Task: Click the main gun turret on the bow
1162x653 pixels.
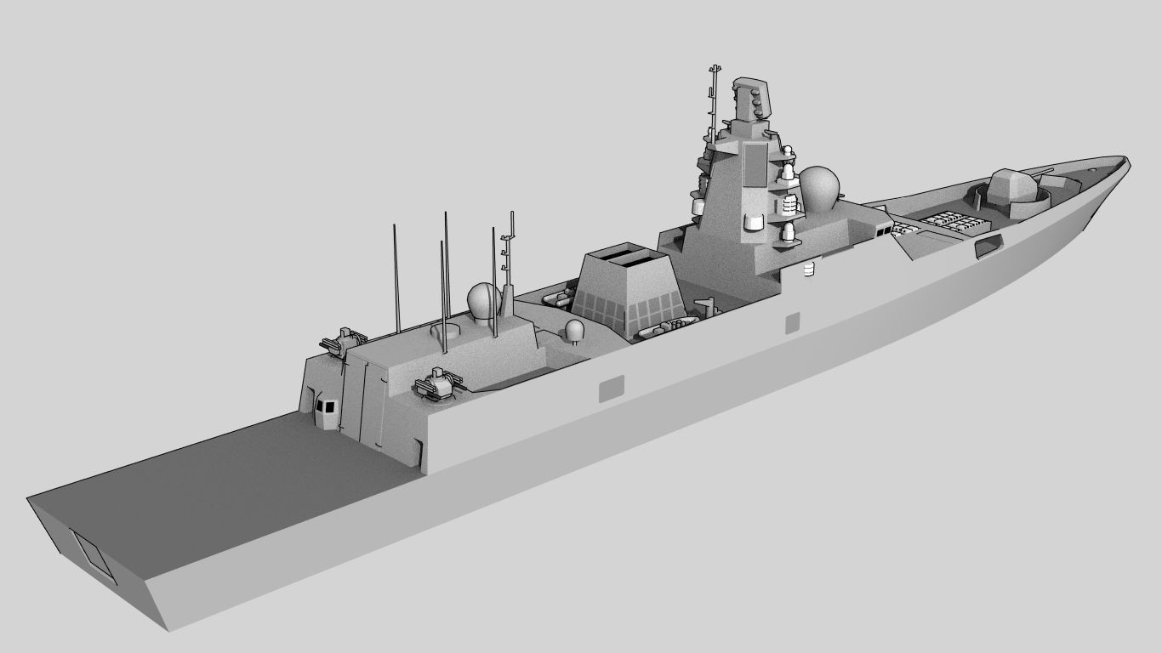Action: (x=1017, y=189)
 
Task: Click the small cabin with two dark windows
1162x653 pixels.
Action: (x=324, y=406)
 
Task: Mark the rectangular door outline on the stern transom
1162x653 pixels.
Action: (x=94, y=555)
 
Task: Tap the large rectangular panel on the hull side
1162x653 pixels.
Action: (x=611, y=389)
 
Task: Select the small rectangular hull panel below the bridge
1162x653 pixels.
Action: (x=792, y=322)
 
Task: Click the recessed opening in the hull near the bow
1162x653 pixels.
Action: (x=988, y=247)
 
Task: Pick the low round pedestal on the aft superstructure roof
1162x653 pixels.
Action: (x=445, y=330)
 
